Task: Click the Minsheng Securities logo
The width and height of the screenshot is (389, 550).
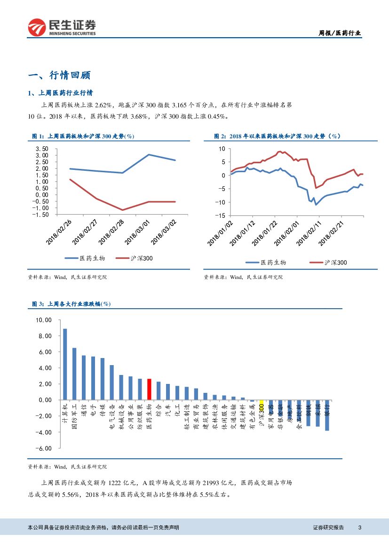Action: click(x=62, y=27)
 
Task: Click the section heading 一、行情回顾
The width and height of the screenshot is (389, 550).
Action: click(x=59, y=75)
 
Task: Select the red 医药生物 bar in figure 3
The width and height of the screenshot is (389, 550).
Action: click(x=149, y=389)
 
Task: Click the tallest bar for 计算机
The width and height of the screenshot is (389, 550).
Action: click(x=65, y=364)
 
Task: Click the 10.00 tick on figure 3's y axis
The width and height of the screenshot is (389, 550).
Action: click(x=43, y=320)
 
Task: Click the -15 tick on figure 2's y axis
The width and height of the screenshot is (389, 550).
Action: click(x=221, y=216)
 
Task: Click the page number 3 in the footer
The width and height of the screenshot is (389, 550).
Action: click(x=360, y=527)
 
